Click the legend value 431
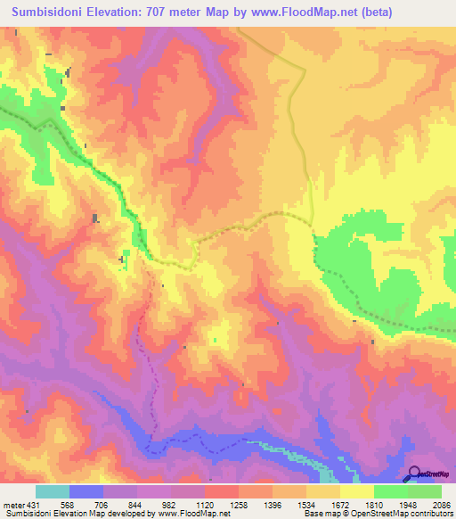[32, 503]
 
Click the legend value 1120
[205, 503]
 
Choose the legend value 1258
[239, 503]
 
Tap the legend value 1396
[273, 503]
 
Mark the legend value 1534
[306, 503]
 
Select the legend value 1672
[340, 503]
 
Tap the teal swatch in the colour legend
[53, 491]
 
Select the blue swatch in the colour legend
[86, 491]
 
